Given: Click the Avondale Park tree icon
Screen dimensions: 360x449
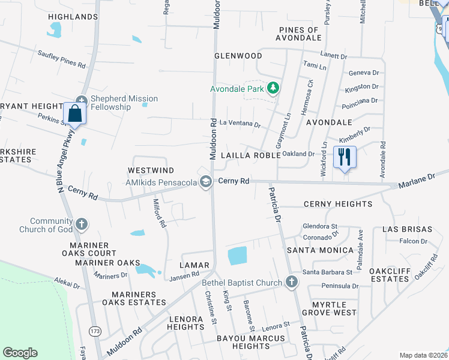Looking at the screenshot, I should coord(273,89).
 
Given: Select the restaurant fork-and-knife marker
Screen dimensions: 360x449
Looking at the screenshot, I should coord(345,157).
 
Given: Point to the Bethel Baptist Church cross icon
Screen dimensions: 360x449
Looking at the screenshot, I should coord(291,283).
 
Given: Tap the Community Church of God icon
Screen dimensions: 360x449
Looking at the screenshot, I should coord(82,225).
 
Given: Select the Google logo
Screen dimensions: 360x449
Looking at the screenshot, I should coord(20,352).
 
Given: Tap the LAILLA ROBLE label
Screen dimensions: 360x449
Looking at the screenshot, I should coord(250,155).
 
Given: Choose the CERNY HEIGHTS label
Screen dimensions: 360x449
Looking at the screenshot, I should coord(337,204).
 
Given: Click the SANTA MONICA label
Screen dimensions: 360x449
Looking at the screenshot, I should coord(320,250).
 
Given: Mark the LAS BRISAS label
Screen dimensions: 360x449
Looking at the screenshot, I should coord(407,229).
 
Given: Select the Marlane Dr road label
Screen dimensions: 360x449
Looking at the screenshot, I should coord(416,181).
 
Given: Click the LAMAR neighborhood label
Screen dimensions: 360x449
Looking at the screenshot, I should coord(194,265).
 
